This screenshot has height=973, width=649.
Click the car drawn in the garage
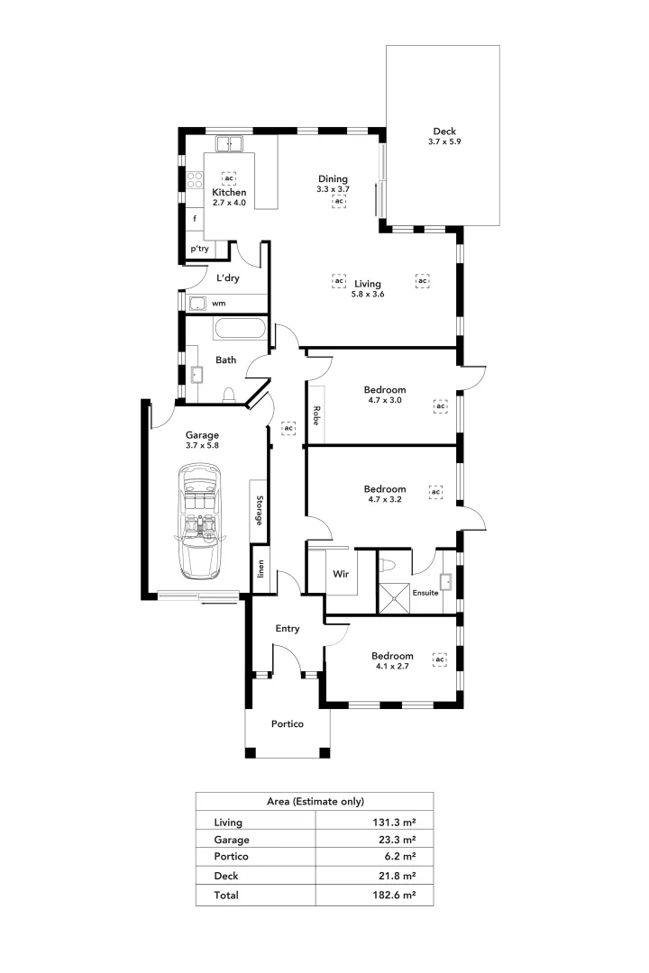tap(201, 522)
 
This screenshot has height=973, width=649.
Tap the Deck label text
tap(443, 132)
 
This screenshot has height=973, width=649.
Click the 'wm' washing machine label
tap(219, 304)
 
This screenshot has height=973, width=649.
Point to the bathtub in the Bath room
tap(241, 329)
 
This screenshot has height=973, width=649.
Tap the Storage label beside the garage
tap(259, 511)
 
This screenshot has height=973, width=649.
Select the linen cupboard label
tap(261, 569)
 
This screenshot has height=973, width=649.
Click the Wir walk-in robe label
tap(341, 573)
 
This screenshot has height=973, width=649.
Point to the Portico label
tap(288, 724)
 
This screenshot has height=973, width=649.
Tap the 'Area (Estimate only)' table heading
tap(315, 800)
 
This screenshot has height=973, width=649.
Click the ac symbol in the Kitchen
tap(229, 178)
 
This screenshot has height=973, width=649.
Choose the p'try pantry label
tap(198, 250)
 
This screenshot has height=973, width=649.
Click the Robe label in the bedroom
tap(316, 415)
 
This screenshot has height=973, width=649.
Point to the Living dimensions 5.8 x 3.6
tap(368, 295)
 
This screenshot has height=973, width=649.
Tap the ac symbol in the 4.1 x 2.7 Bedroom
tap(440, 659)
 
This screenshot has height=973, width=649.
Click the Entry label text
tap(288, 629)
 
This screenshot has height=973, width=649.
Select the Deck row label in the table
tap(226, 876)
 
